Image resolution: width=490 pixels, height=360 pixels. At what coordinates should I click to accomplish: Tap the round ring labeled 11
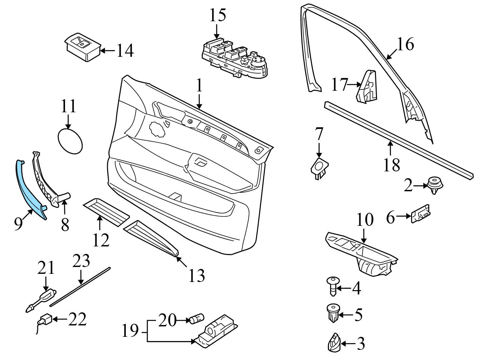[x=70, y=141]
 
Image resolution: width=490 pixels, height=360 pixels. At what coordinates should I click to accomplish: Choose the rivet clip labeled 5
[x=332, y=313]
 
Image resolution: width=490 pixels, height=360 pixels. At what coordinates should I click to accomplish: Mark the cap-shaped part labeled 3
[x=333, y=343]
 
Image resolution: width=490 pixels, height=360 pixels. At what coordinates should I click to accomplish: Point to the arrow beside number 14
[x=108, y=51]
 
